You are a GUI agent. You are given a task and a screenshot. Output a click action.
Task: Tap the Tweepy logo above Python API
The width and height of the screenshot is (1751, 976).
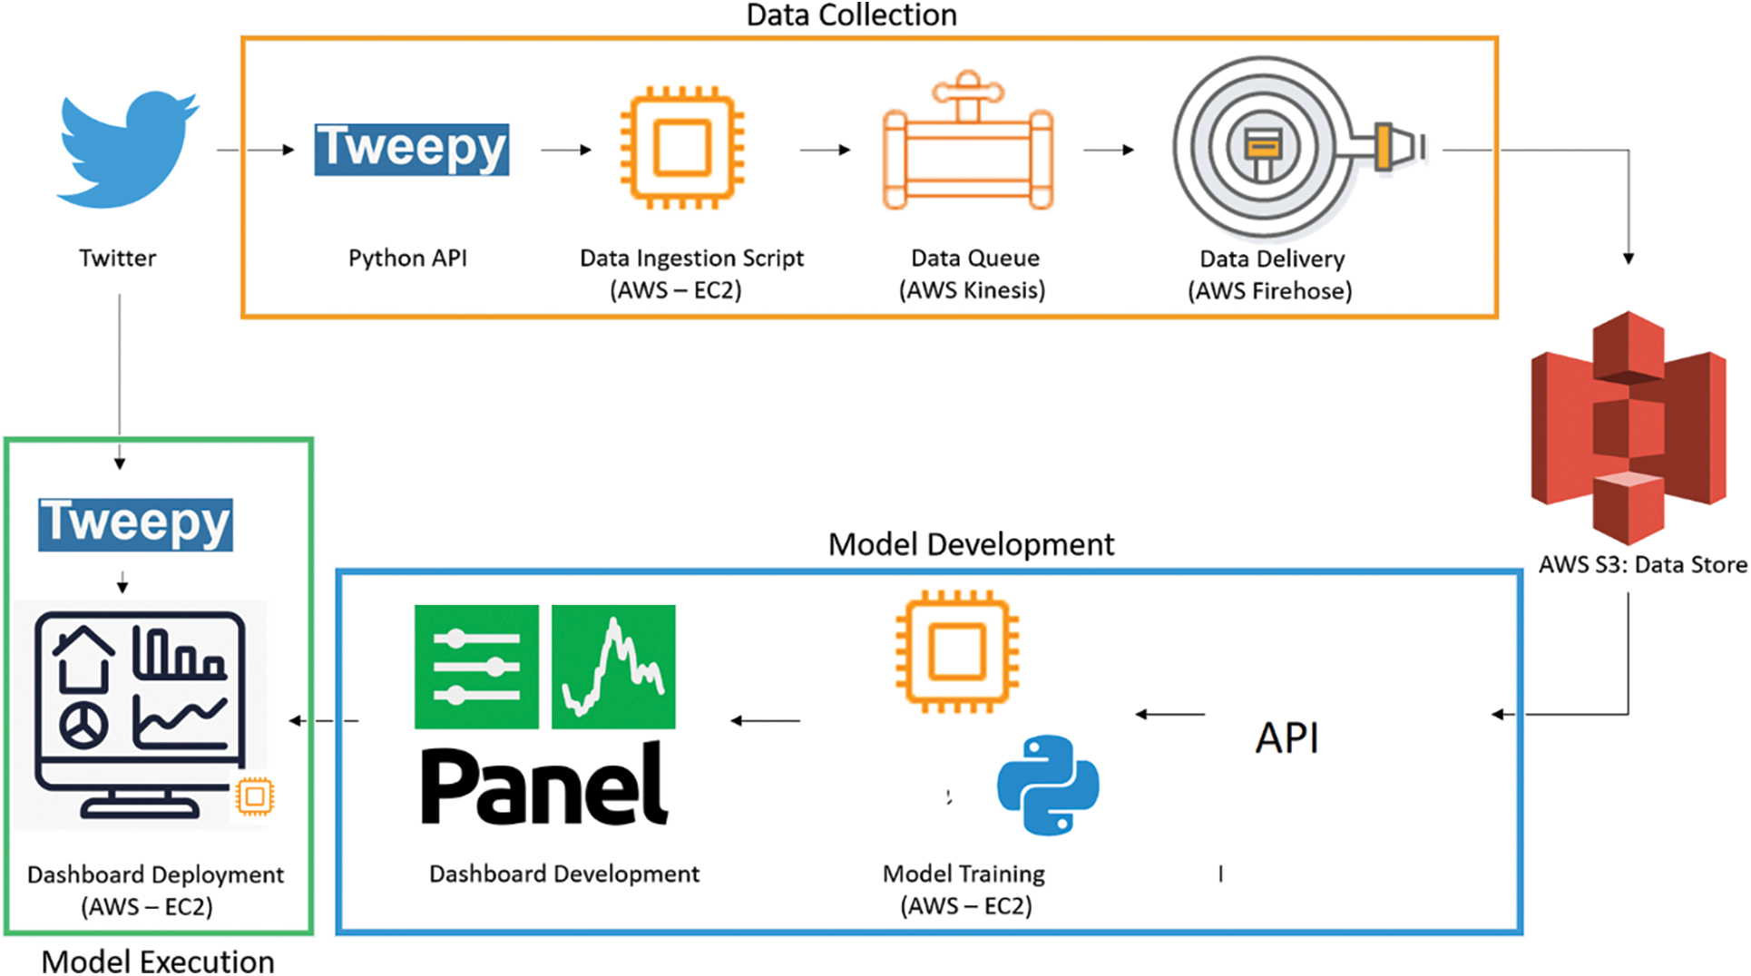pyautogui.click(x=412, y=149)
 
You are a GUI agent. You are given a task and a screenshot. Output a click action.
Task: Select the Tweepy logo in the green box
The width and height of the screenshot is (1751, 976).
pyautogui.click(x=135, y=523)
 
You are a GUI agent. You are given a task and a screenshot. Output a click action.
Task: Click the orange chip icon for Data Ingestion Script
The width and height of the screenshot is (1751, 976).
pyautogui.click(x=682, y=148)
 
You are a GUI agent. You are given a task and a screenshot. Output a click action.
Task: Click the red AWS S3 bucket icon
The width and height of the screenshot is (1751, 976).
pyautogui.click(x=1629, y=426)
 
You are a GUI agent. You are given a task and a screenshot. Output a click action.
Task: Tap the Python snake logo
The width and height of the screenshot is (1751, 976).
pyautogui.click(x=1048, y=785)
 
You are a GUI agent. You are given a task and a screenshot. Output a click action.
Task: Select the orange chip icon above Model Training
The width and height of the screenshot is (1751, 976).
pyautogui.click(x=957, y=651)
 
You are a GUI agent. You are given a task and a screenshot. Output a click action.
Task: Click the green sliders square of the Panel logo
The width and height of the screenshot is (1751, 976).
pyautogui.click(x=476, y=667)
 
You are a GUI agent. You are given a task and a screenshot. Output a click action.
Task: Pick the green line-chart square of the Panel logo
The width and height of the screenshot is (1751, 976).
pyautogui.click(x=613, y=667)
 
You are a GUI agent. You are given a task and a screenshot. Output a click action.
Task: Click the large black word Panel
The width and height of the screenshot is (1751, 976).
pyautogui.click(x=544, y=786)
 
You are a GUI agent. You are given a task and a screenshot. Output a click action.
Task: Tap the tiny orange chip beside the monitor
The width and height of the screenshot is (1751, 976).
pyautogui.click(x=255, y=796)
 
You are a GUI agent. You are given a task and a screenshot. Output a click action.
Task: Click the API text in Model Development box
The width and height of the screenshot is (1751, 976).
pyautogui.click(x=1286, y=738)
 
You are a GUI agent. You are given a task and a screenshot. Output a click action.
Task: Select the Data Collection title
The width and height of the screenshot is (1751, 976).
pyautogui.click(x=851, y=15)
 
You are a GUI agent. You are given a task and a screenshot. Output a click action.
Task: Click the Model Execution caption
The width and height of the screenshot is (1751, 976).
pyautogui.click(x=158, y=961)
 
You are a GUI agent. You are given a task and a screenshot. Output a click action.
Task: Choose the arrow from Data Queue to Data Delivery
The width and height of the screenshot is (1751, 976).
pyautogui.click(x=1109, y=150)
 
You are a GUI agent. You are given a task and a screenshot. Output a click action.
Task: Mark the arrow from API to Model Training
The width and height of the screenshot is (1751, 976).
pyautogui.click(x=1170, y=715)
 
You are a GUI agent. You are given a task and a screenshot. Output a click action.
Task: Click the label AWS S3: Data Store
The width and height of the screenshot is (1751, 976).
pyautogui.click(x=1642, y=565)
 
